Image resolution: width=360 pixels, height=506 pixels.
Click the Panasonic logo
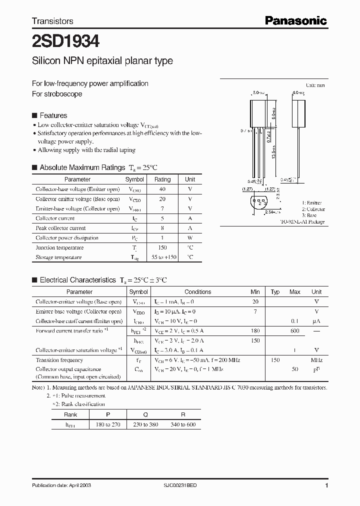pyautogui.click(x=295, y=20)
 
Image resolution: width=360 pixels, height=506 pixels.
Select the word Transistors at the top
pyautogui.click(x=52, y=21)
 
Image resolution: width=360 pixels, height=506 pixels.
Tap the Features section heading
pyautogui.click(x=53, y=115)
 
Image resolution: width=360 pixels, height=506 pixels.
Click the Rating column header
pyautogui.click(x=162, y=179)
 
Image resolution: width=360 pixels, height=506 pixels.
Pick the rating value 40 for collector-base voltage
pyautogui.click(x=162, y=189)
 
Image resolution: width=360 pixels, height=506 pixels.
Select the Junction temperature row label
pyautogui.click(x=55, y=247)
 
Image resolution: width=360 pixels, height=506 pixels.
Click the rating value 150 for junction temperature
pyautogui.click(x=162, y=247)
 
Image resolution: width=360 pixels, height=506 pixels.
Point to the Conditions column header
pyautogui.click(x=197, y=292)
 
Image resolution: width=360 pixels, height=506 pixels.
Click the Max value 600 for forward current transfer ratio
pyautogui.click(x=295, y=331)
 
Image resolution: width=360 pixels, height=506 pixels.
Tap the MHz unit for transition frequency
pyautogui.click(x=316, y=360)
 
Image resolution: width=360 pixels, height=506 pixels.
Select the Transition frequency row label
pyautogui.click(x=59, y=360)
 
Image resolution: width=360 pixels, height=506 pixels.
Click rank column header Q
pyautogui.click(x=145, y=414)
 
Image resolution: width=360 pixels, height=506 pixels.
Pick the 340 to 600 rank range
pyautogui.click(x=182, y=424)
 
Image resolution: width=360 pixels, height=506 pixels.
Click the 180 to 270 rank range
pyautogui.click(x=108, y=424)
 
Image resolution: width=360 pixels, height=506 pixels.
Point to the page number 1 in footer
pyautogui.click(x=326, y=485)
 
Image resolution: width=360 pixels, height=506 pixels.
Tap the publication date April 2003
pyautogui.click(x=61, y=485)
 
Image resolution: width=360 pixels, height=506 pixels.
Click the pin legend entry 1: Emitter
pyautogui.click(x=311, y=203)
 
